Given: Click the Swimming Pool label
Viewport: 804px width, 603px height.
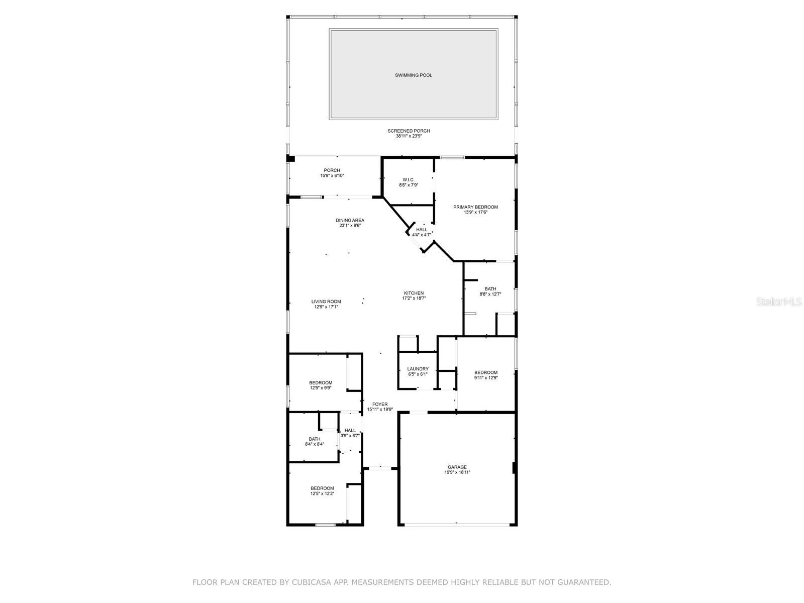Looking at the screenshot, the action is click(413, 75).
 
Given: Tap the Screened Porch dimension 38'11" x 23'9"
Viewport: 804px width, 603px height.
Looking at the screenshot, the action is click(409, 136).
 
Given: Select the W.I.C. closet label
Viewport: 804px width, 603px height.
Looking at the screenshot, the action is click(409, 180).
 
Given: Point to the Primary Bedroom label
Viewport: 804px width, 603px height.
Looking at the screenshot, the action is click(475, 207).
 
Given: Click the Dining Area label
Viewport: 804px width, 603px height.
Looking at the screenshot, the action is click(350, 221).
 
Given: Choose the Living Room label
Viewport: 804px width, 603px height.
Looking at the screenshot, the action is click(326, 301).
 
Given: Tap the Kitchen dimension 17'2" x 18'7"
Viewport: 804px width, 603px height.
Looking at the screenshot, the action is click(414, 298).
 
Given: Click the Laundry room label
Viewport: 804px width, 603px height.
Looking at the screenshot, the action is click(418, 369).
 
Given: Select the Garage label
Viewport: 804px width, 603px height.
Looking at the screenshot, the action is click(457, 467).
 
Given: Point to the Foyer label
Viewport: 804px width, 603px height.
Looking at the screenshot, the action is click(380, 405).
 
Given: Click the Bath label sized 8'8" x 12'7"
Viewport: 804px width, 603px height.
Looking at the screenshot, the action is click(490, 289).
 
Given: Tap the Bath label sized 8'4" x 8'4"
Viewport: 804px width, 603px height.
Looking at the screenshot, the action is click(314, 439).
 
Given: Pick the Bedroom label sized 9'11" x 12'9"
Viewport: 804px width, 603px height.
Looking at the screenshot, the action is click(486, 373).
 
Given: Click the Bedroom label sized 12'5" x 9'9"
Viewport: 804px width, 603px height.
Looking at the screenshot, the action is click(321, 383).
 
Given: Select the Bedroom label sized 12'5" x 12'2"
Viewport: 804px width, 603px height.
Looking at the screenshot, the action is click(322, 488).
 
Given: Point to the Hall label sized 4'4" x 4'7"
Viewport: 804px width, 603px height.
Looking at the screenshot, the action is click(422, 230).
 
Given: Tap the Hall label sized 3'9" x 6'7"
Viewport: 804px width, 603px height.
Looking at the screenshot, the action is click(350, 431).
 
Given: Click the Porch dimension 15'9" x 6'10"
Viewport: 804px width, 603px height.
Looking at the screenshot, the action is click(332, 176).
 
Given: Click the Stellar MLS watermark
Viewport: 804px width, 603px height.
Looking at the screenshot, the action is click(779, 301).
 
